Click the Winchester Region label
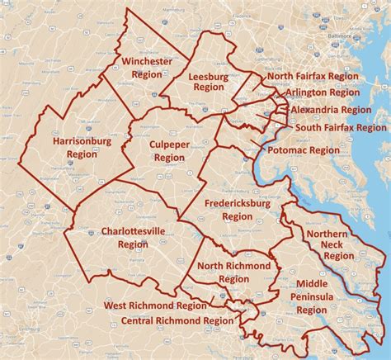[147, 68]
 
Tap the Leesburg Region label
[209, 81]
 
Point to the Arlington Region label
[323, 92]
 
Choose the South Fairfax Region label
[341, 128]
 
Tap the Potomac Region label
[303, 150]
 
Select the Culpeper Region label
[169, 151]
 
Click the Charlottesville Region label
[133, 237]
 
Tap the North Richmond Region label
[234, 272]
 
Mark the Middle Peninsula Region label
[312, 296]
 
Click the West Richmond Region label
[156, 306]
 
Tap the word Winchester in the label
[147, 62]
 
